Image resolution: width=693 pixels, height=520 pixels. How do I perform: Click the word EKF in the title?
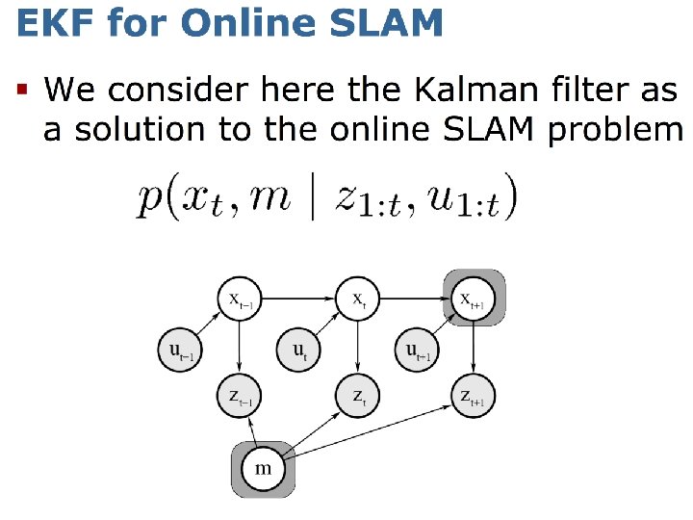[50, 21]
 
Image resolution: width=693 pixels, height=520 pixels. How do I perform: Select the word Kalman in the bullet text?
[471, 91]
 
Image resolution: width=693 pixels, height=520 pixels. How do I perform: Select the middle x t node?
[357, 299]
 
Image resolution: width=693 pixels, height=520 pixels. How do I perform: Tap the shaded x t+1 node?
[475, 299]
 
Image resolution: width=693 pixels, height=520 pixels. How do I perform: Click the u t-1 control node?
[181, 349]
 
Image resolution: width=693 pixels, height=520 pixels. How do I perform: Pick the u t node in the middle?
[299, 349]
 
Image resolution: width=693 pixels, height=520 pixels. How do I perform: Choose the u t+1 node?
[417, 349]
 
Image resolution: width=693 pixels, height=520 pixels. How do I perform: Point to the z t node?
[357, 396]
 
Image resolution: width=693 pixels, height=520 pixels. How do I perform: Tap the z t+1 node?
[475, 396]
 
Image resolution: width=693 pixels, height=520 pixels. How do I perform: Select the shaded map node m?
[263, 468]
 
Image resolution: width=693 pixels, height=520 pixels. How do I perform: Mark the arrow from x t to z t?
[357, 347]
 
